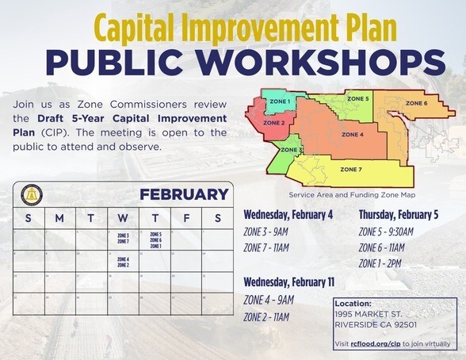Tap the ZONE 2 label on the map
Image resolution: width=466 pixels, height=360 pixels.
coord(273,124)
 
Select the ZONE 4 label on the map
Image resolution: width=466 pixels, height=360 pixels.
coord(352,135)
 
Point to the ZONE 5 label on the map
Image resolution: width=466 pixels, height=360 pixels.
coord(357,98)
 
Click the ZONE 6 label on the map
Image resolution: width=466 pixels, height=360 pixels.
coord(416,103)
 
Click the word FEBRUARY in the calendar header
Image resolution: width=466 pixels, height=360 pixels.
coord(184,194)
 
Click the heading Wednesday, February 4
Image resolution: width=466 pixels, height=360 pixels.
coord(288,215)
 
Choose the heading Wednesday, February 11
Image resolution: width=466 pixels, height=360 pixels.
coord(289,282)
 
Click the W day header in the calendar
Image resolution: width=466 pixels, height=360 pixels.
coord(123,217)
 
